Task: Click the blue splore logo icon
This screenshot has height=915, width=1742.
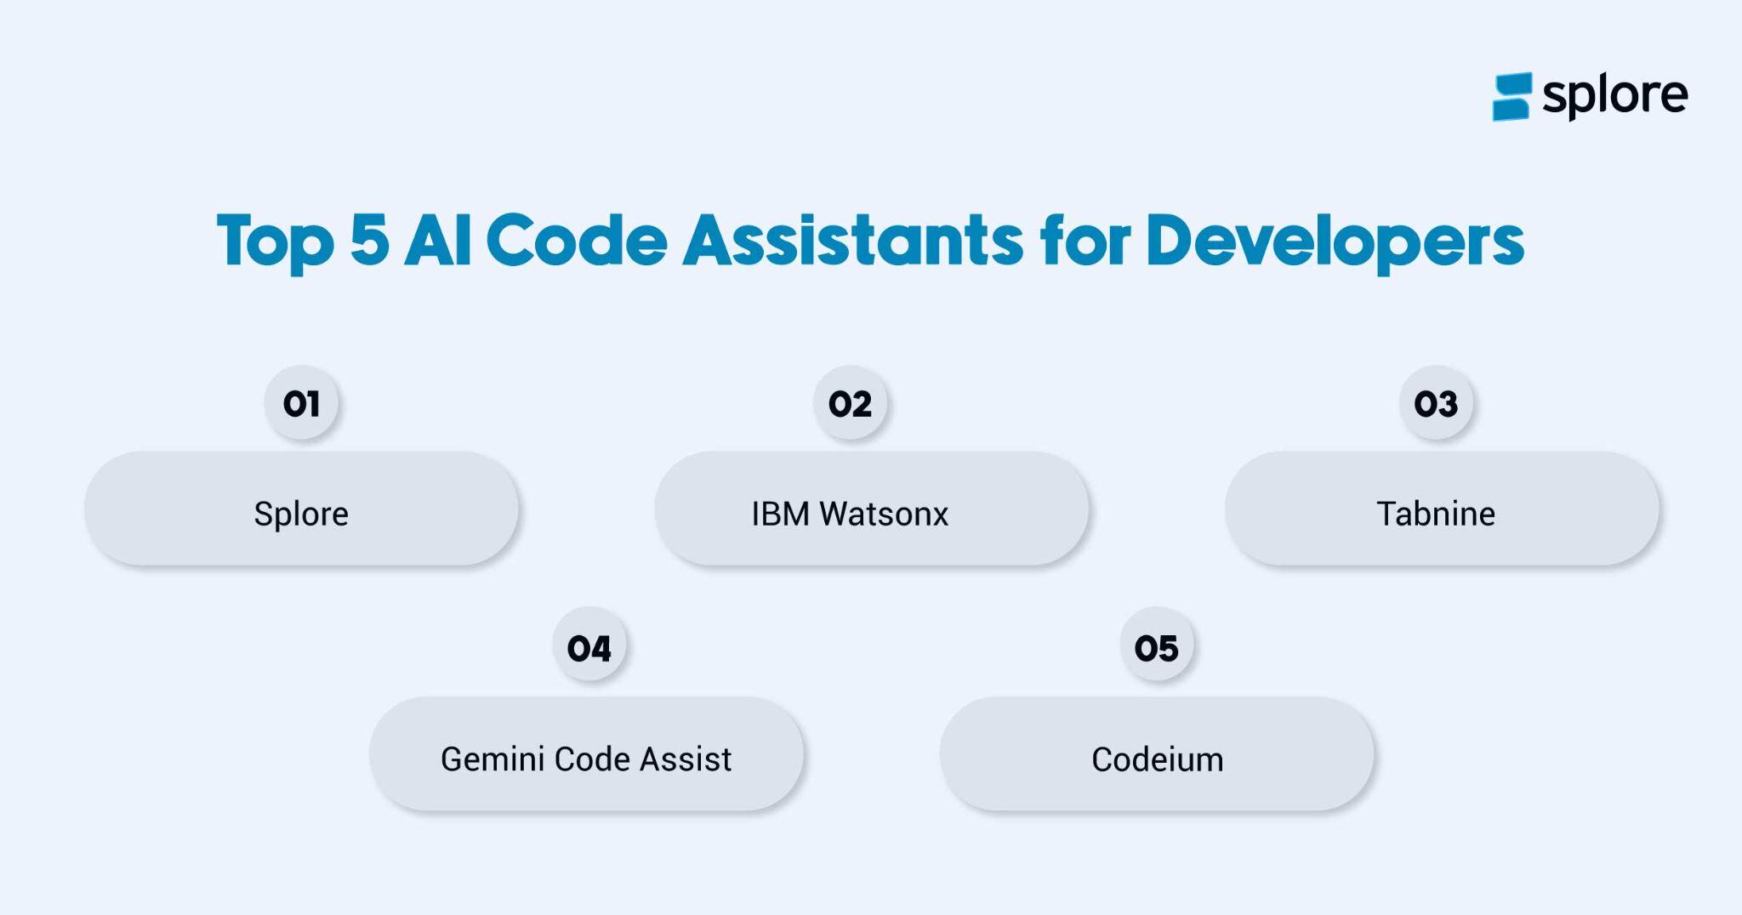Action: pyautogui.click(x=1512, y=96)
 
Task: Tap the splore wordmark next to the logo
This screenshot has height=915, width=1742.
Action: pyautogui.click(x=1614, y=95)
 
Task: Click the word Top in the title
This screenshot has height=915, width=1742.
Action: pyautogui.click(x=275, y=242)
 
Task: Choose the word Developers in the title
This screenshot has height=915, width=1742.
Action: pyautogui.click(x=1335, y=242)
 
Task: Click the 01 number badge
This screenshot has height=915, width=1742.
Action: pyautogui.click(x=301, y=404)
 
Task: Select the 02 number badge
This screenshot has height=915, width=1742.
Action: pyautogui.click(x=850, y=404)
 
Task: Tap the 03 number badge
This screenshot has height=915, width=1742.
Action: pyautogui.click(x=1436, y=404)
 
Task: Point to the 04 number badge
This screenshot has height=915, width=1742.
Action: pyautogui.click(x=589, y=649)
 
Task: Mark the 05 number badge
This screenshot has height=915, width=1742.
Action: pyautogui.click(x=1156, y=649)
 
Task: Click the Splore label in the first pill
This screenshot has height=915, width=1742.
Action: pyautogui.click(x=301, y=514)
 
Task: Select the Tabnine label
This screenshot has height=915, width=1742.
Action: pyautogui.click(x=1436, y=514)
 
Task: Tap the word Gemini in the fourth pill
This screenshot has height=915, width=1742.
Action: pyautogui.click(x=492, y=759)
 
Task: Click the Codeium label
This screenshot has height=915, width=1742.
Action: pyautogui.click(x=1157, y=759)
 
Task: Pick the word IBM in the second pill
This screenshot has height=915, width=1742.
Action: pyautogui.click(x=780, y=514)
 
